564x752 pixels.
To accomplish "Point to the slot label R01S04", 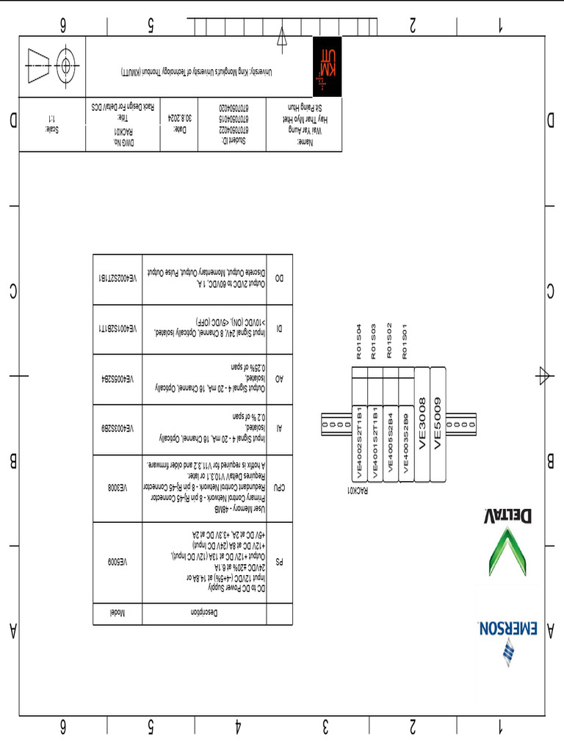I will (x=359, y=341).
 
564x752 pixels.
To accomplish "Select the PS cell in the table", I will (x=279, y=563).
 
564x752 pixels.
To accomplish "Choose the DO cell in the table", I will (x=279, y=279).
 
